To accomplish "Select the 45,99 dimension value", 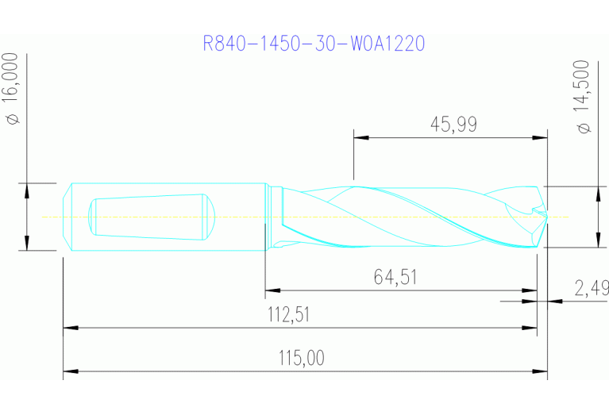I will coord(453,124).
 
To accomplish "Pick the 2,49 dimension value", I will coord(592,287).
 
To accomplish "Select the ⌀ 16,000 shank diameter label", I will coord(12,89).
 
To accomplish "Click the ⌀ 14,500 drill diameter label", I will coord(585,97).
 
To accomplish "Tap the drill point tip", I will coord(546,216).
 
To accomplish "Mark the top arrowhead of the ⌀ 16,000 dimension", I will coord(27,190).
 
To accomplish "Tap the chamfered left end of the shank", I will coord(67,217).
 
